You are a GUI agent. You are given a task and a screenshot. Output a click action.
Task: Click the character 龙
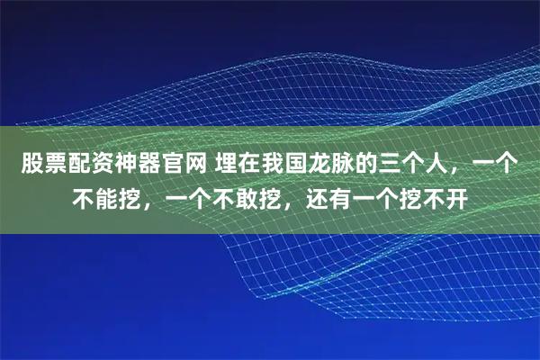coord(313,165)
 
